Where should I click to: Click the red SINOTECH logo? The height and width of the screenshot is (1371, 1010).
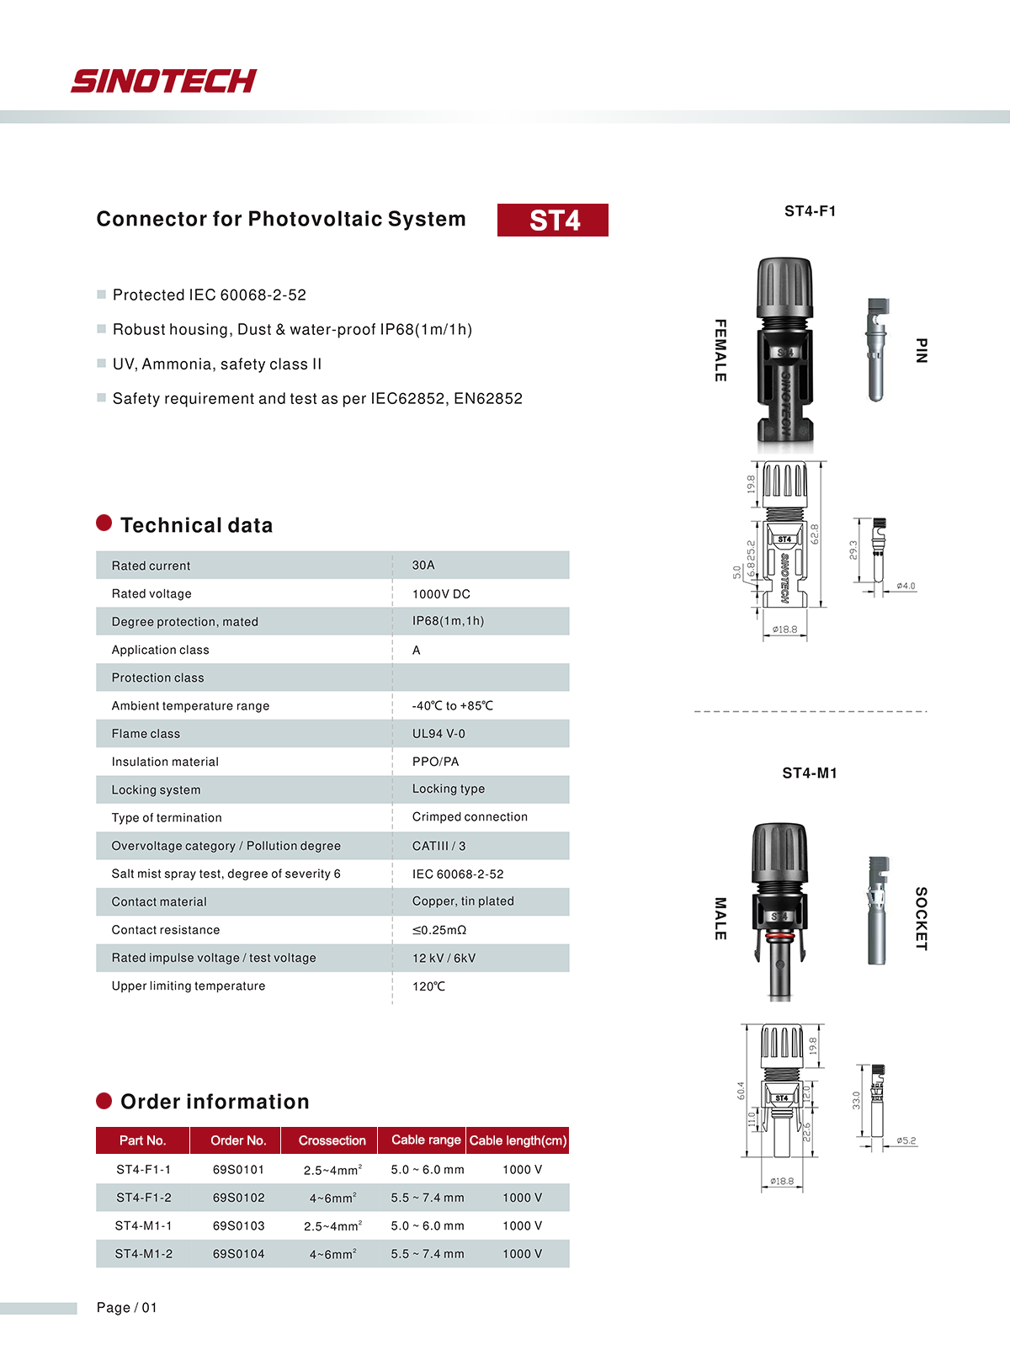[164, 81]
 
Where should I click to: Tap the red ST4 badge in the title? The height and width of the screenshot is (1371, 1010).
[553, 220]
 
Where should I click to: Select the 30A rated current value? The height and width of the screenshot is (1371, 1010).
[423, 566]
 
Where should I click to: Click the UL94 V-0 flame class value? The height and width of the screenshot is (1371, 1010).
[439, 734]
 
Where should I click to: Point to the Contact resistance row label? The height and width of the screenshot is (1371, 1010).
[166, 930]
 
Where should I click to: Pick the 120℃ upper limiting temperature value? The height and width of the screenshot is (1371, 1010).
[428, 986]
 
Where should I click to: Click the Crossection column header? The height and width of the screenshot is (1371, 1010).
[332, 1140]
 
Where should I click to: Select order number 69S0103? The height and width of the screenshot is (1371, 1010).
[238, 1226]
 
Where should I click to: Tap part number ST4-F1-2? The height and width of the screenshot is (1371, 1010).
[144, 1198]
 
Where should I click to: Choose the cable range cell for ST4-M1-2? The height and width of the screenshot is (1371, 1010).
[428, 1254]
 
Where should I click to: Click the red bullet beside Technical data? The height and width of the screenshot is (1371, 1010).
[104, 523]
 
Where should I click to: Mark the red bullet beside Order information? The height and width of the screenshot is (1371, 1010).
[104, 1101]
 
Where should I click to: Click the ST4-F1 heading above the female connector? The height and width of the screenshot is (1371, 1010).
[810, 211]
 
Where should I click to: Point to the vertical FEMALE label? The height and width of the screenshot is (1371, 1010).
[720, 350]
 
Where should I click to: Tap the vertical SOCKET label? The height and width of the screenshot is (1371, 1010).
[921, 918]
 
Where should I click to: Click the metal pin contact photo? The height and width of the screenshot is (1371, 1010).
[876, 349]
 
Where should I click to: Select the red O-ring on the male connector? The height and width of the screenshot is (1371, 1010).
[780, 935]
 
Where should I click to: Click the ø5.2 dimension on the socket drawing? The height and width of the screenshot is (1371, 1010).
[906, 1141]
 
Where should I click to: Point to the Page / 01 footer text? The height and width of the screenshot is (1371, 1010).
[127, 1307]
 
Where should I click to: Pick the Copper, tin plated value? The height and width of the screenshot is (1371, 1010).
[463, 901]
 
